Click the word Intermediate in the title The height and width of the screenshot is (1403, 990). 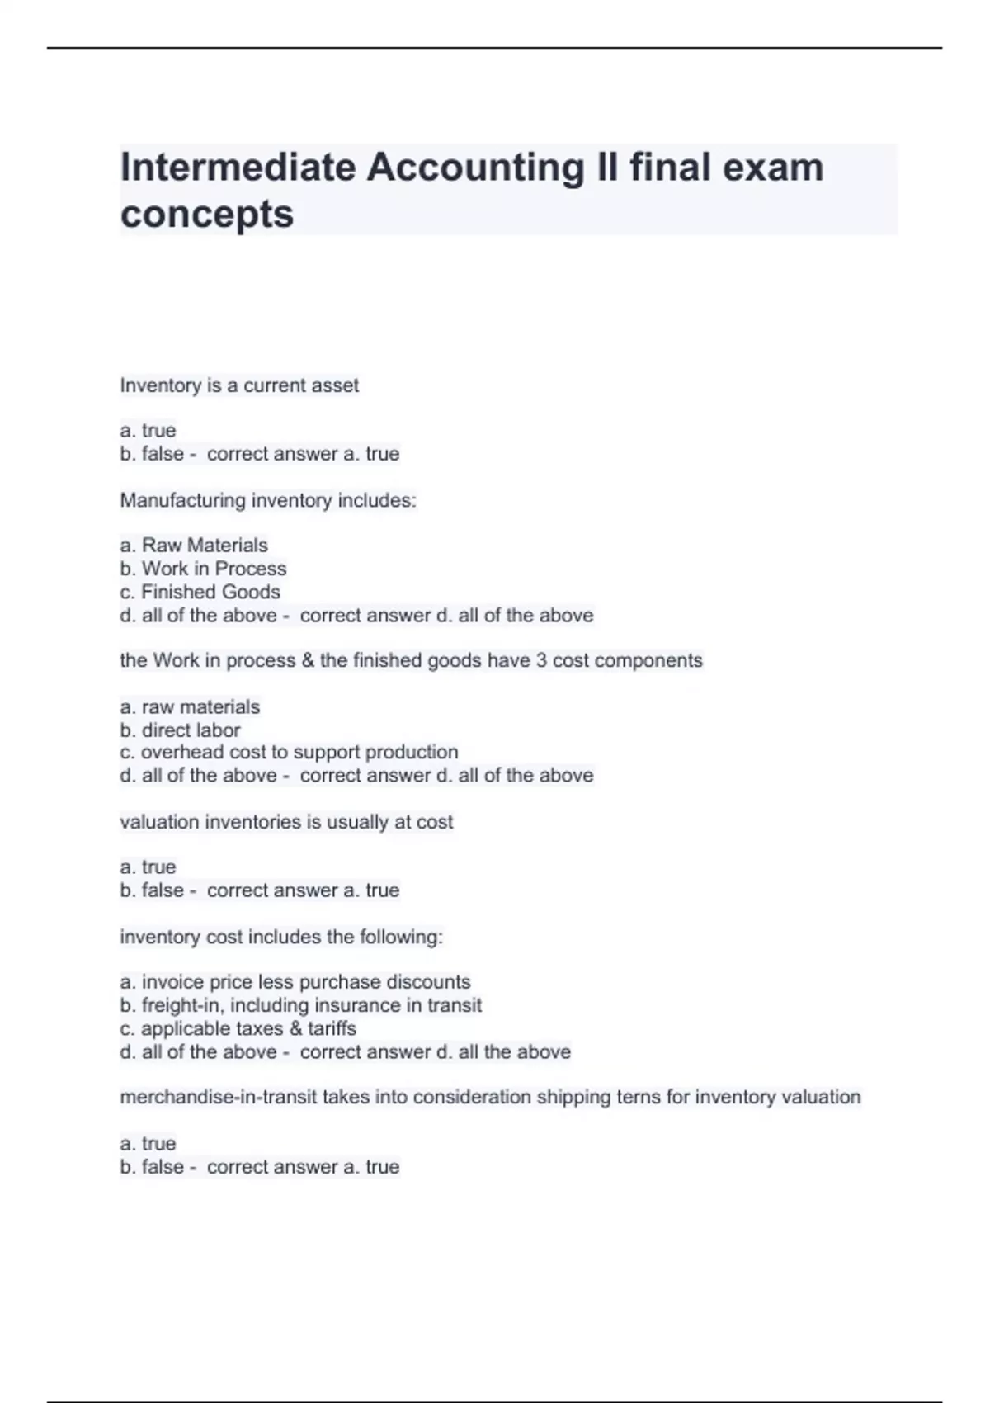238,168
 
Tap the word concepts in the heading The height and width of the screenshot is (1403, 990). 207,214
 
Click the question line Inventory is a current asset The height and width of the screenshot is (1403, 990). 239,385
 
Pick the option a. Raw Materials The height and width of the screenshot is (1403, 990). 194,546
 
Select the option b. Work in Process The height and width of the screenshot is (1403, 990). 203,569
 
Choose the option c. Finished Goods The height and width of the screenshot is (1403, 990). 200,592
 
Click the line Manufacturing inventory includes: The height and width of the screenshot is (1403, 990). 268,500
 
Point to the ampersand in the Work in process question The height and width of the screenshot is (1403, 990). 308,660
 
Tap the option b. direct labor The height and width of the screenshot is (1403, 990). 180,730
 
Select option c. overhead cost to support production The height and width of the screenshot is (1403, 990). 289,753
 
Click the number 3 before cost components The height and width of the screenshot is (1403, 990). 542,660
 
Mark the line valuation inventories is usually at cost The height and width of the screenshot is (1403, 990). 286,822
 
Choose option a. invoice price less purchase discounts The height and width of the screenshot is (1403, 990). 295,982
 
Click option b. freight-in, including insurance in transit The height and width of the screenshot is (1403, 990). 300,1005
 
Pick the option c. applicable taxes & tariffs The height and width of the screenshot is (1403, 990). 238,1028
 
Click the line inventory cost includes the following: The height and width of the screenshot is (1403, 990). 281,937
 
